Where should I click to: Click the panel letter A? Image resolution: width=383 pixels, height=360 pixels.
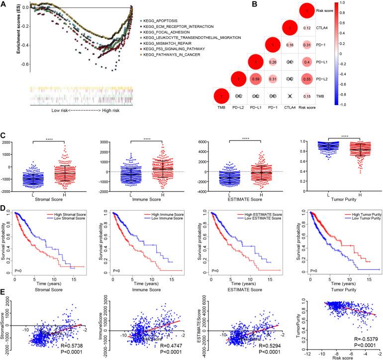click(x=4, y=4)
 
